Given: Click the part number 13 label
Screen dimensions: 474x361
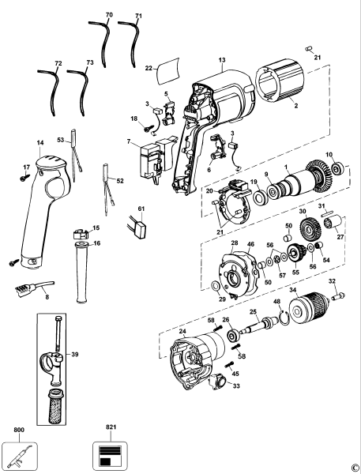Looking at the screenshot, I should (x=222, y=59).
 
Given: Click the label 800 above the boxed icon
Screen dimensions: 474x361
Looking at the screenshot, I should (x=19, y=431).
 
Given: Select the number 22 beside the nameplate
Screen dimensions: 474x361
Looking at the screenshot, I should (x=148, y=70).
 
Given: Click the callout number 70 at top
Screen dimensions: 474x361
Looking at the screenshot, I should (x=109, y=15).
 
